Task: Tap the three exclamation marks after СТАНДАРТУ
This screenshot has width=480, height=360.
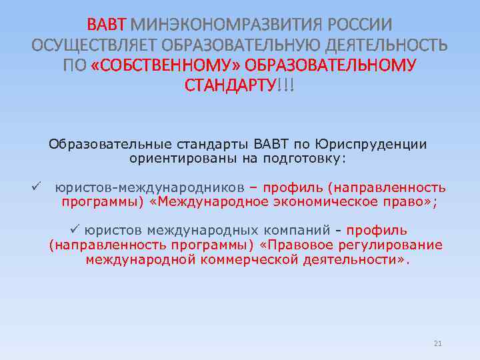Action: pyautogui.click(x=285, y=85)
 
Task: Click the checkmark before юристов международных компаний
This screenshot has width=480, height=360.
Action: pyautogui.click(x=75, y=230)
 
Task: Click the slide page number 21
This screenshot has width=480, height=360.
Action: pyautogui.click(x=438, y=343)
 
